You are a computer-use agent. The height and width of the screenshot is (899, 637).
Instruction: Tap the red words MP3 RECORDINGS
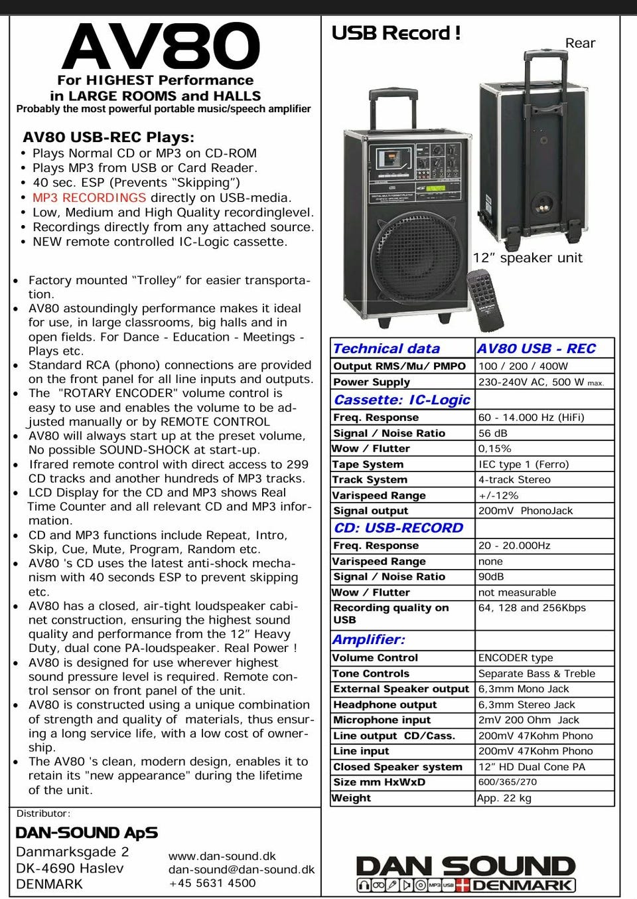89,198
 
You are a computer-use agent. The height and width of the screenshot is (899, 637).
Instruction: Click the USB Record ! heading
395,33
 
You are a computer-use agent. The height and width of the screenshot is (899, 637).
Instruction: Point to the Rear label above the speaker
580,43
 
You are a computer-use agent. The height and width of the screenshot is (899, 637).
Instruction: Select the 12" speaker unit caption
528,258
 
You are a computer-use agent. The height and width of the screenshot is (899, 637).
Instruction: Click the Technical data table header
386,349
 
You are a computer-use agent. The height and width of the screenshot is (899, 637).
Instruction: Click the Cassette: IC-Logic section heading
401,400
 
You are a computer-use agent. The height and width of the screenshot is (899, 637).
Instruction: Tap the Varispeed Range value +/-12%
498,495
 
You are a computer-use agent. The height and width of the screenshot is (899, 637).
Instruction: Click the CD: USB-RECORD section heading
398,528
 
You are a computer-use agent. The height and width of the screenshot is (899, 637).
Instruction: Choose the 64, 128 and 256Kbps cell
531,608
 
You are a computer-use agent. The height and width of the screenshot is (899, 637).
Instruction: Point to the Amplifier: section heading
368,639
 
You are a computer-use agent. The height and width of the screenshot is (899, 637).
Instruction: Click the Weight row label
352,798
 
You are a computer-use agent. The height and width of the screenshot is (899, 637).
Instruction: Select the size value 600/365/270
508,782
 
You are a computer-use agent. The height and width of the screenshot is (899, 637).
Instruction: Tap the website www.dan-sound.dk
222,857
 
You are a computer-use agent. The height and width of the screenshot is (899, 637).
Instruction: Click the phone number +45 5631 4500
212,883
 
